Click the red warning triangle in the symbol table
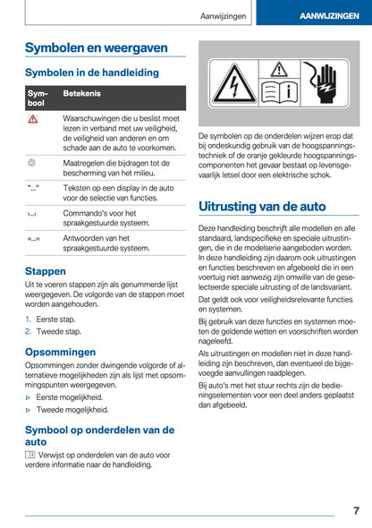pos(32,120)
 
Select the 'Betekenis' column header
pos(81,93)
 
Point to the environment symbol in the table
pos(32,164)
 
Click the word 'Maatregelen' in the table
pos(86,164)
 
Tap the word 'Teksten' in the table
pos(77,191)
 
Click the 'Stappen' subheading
pos(46,270)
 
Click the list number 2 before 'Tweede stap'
pos(28,330)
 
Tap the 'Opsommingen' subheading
pos(60,352)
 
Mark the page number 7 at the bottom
pos(355,510)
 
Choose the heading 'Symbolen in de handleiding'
pos(92,72)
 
